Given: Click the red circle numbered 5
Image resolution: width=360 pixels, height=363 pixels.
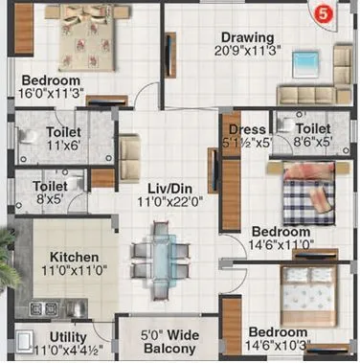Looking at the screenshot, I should [324, 12].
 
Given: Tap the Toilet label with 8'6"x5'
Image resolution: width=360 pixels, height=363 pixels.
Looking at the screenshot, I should [312, 128].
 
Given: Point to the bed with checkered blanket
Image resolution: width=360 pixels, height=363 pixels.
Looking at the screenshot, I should [305, 197].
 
